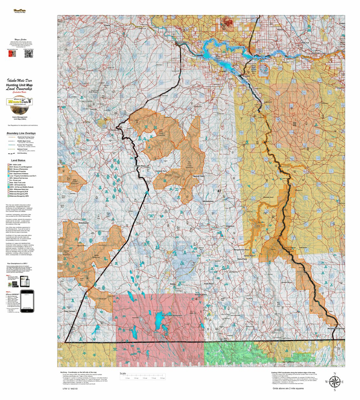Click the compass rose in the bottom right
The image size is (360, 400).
(x=334, y=382)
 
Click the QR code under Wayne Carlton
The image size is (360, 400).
(x=29, y=54)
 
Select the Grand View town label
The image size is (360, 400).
(x=182, y=42)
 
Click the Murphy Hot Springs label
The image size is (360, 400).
(x=336, y=328)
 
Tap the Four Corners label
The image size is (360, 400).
(x=70, y=311)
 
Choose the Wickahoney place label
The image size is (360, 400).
(x=208, y=201)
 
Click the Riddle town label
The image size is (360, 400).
(x=173, y=284)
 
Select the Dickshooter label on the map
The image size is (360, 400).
(x=84, y=223)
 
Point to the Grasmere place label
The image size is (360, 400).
(x=230, y=226)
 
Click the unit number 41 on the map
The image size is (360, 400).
(x=219, y=191)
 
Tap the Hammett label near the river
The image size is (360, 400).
(x=315, y=53)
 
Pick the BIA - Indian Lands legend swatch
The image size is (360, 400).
(x=8, y=165)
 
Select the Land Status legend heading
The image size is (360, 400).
(x=18, y=160)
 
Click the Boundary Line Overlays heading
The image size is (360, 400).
(x=21, y=133)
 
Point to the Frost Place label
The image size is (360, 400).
(x=209, y=284)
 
